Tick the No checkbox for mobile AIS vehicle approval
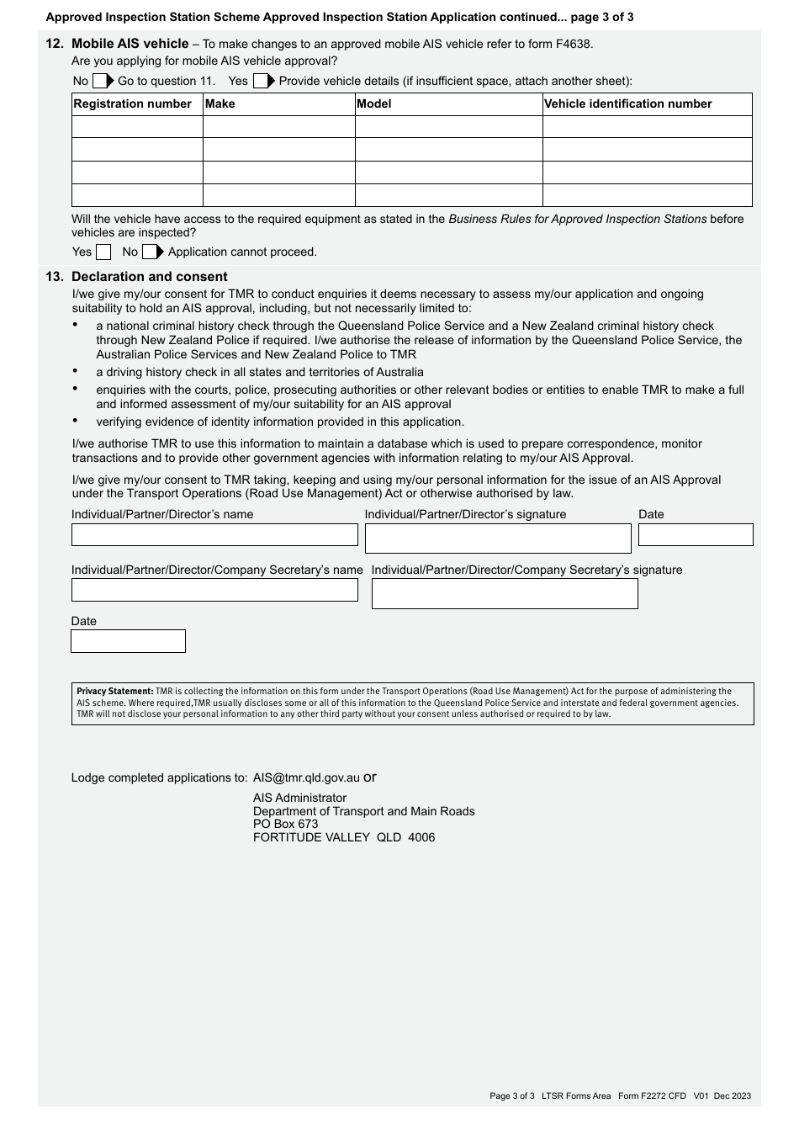pos(99,82)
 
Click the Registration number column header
pos(133,104)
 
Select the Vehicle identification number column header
pos(627,104)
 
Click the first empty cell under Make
pos(278,127)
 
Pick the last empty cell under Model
pos(448,195)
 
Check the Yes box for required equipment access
pos(103,252)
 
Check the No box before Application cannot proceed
pos(150,252)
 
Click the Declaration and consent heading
pos(149,277)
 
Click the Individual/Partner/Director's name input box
pos(214,535)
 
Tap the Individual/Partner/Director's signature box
pos(498,538)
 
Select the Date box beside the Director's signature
pos(696,535)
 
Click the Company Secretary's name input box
pos(214,591)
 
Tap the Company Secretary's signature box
pos(505,594)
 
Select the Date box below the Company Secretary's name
pos(128,641)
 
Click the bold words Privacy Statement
pos(115,692)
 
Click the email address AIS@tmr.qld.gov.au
pos(306,778)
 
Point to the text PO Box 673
pos(286,825)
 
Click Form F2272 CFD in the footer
pos(652,1096)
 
